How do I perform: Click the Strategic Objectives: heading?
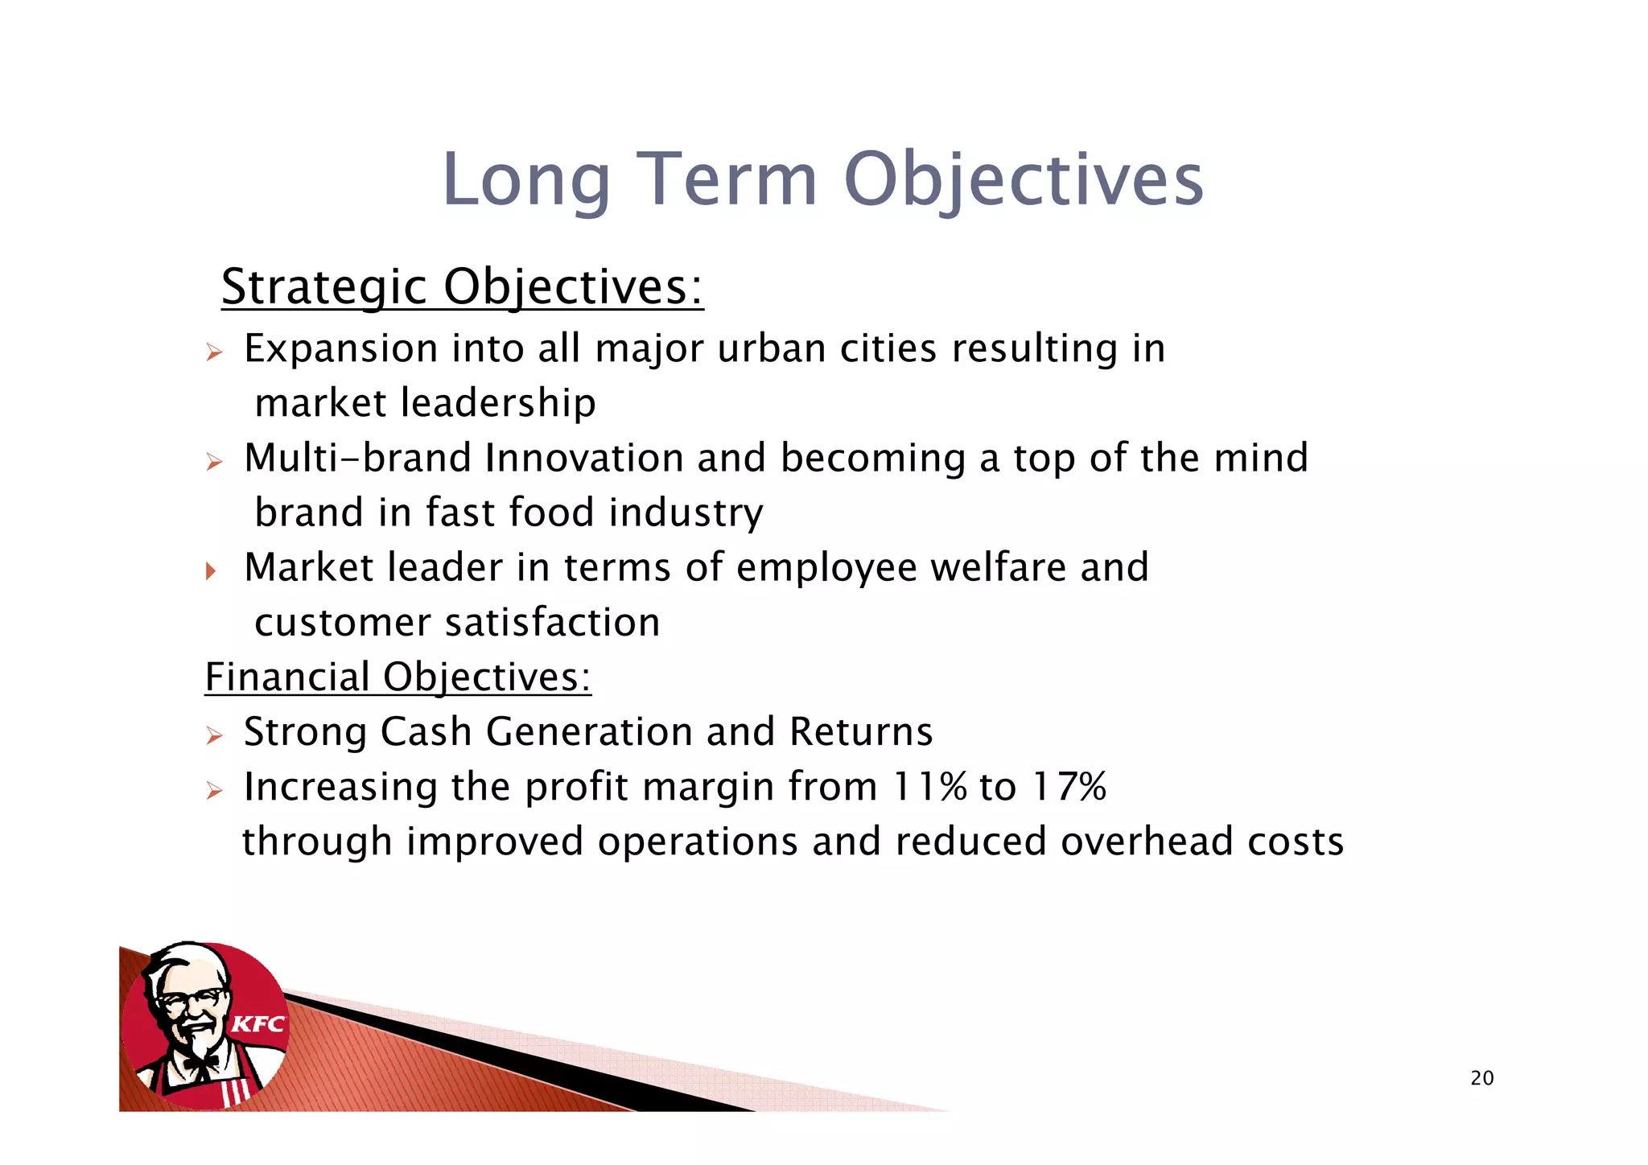462,286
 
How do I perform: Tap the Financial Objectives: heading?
398,677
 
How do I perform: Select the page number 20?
1481,1078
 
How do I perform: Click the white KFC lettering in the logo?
258,1024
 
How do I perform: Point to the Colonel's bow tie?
200,1064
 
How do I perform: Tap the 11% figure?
929,786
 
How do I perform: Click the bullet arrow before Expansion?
213,352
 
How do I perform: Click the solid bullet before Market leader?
211,571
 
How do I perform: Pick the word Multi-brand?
357,458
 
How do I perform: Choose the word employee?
826,567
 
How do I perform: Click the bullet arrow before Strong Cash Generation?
213,735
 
